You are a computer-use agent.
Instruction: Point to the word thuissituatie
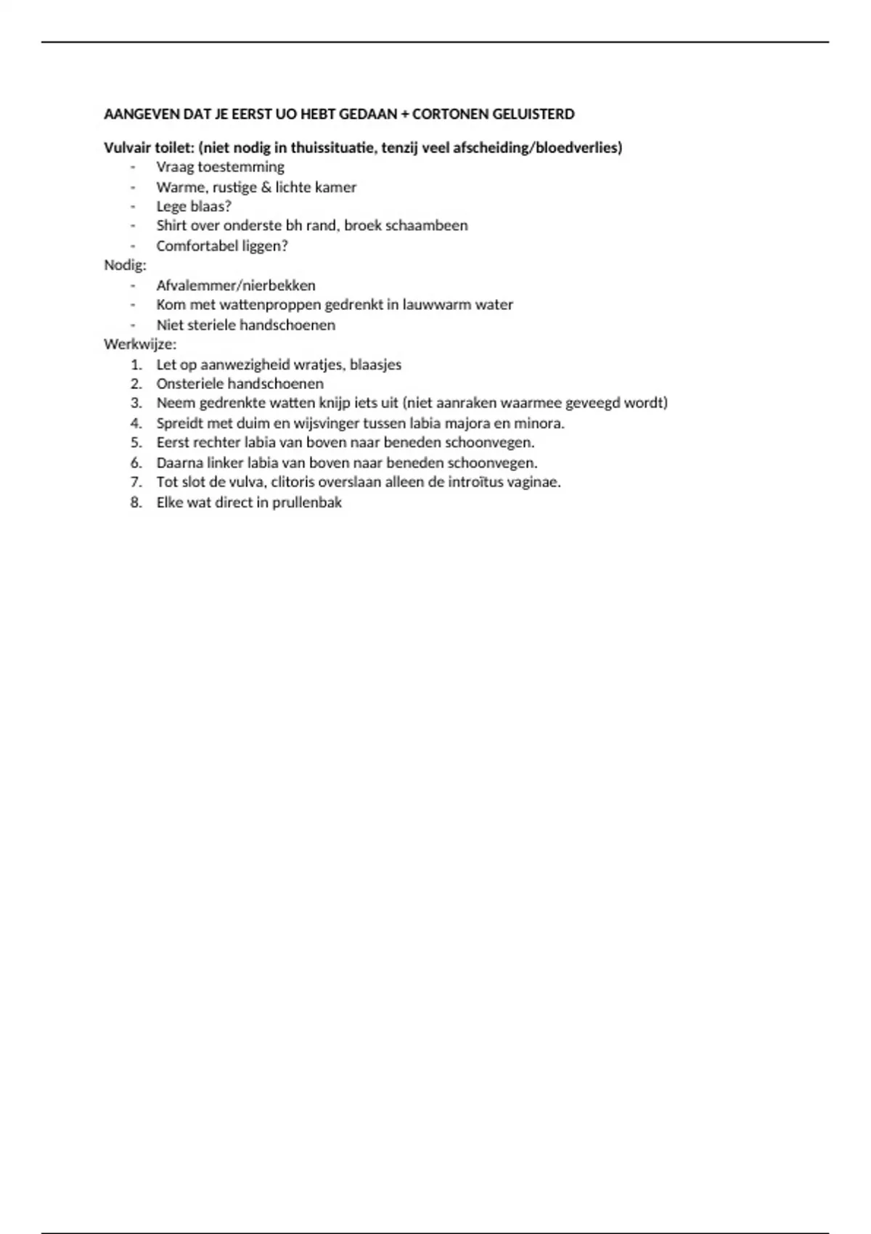click(x=332, y=148)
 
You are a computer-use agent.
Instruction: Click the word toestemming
click(x=241, y=167)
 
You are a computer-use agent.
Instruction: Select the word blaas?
click(x=210, y=206)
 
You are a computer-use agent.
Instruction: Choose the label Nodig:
click(x=125, y=265)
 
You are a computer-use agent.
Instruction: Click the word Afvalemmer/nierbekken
click(x=236, y=285)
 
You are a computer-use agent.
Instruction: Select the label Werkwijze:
click(x=140, y=344)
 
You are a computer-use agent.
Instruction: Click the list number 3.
click(x=136, y=403)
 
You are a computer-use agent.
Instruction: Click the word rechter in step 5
click(x=216, y=443)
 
